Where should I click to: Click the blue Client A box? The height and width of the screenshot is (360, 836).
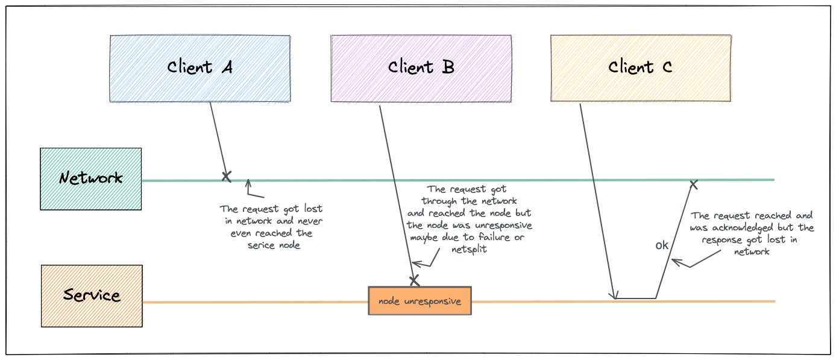200,68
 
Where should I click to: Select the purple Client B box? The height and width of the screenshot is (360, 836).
421,68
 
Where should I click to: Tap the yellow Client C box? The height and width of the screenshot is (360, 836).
641,68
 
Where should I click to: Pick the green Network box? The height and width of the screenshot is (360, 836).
91,178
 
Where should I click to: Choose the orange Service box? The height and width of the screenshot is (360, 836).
92,296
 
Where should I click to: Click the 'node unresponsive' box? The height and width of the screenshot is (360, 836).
420,301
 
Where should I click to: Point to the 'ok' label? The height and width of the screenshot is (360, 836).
662,245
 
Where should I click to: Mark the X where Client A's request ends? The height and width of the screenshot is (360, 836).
226,176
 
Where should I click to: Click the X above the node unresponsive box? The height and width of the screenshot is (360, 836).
414,280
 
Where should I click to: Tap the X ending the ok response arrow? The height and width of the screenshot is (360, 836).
694,183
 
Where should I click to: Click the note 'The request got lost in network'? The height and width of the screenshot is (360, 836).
272,227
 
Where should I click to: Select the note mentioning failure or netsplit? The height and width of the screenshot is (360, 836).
470,219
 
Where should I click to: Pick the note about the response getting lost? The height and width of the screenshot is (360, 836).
752,233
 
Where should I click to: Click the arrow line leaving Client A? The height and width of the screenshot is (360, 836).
218,139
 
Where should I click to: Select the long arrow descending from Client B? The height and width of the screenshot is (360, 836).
396,193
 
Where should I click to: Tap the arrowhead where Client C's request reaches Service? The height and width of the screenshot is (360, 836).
614,296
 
